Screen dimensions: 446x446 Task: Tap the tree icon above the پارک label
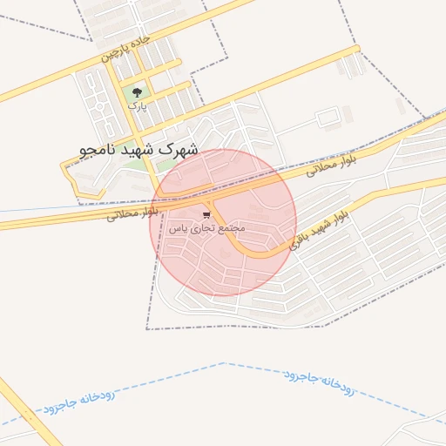tap(135, 91)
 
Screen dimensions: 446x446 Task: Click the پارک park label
tap(137, 105)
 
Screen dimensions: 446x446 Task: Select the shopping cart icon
tap(206, 213)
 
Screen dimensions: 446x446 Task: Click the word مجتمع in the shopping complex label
tap(232, 227)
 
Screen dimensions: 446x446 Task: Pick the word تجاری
tap(199, 227)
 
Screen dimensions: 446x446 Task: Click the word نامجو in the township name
tap(93, 151)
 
